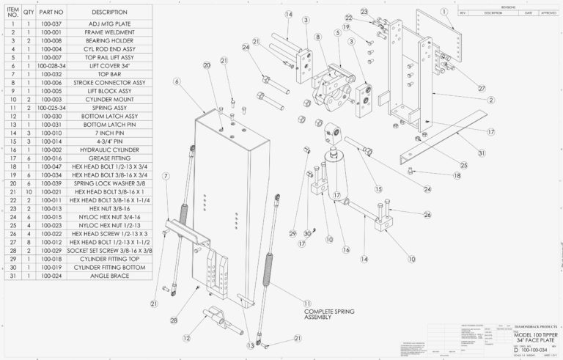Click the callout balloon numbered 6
pyautogui.click(x=177, y=81)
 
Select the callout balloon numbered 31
pyautogui.click(x=480, y=153)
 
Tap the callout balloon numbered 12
pyautogui.click(x=188, y=338)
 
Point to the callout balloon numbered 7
pyautogui.click(x=166, y=176)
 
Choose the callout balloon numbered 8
pyautogui.click(x=317, y=37)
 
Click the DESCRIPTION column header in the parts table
pyautogui.click(x=109, y=12)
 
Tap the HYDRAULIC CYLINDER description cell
pyautogui.click(x=109, y=150)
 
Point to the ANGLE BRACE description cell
pyautogui.click(x=109, y=277)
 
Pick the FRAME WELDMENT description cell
pyautogui.click(x=109, y=33)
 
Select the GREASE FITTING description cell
pyautogui.click(x=109, y=158)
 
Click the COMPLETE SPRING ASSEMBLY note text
pyautogui.click(x=328, y=315)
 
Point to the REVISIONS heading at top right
pyautogui.click(x=508, y=6)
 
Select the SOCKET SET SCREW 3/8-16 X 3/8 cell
pyautogui.click(x=109, y=251)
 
